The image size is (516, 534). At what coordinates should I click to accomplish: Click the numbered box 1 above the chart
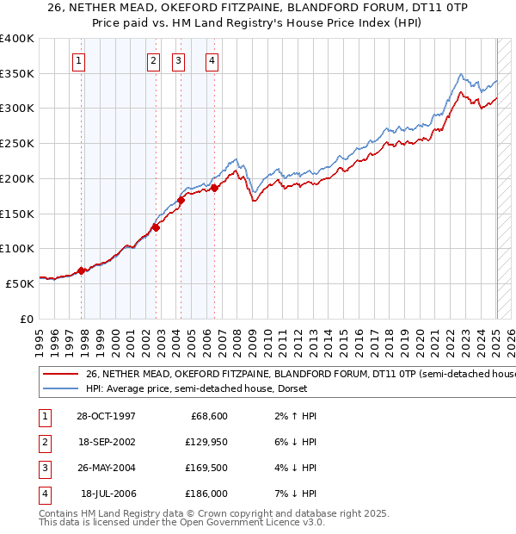78,60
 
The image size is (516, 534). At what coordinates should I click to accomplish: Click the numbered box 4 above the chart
211,60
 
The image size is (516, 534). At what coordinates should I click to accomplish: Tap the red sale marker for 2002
156,227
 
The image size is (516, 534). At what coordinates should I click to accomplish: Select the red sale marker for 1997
82,270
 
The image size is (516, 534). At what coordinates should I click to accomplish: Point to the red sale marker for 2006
214,188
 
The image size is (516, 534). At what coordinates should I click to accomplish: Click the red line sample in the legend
60,375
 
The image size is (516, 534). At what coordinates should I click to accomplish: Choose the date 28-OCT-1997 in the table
106,416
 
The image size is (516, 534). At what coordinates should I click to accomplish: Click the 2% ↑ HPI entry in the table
293,416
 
